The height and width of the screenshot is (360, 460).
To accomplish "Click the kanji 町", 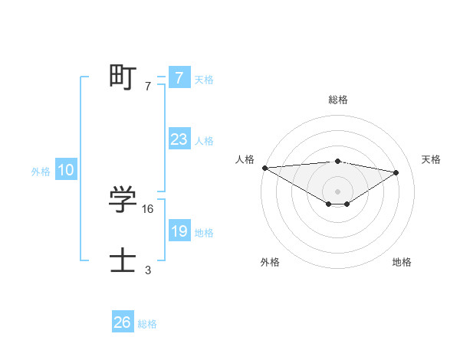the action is [x=123, y=77].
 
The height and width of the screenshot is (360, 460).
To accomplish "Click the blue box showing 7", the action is [x=179, y=78].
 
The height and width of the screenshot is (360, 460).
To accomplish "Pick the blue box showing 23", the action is [x=179, y=139].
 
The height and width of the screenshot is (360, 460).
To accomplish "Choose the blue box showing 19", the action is [x=179, y=231].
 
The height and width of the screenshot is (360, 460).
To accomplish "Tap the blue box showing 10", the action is [x=66, y=171].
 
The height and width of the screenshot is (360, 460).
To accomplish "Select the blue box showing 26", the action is [x=122, y=322].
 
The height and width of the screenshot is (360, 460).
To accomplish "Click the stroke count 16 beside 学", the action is [x=148, y=208].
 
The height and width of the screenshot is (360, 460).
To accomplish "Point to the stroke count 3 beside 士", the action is [x=148, y=270].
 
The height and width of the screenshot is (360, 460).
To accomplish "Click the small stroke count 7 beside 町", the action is [x=148, y=87].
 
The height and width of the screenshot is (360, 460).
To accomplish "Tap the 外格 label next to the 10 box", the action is [x=41, y=172].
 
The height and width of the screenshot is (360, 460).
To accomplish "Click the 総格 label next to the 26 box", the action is [x=147, y=324].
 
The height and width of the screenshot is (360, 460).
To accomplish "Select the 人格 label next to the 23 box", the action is [x=204, y=141].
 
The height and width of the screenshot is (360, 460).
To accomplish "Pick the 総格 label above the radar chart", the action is [x=337, y=100].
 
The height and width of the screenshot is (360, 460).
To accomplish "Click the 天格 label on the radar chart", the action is [x=432, y=159].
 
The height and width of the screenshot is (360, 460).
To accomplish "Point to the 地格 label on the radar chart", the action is [x=402, y=262].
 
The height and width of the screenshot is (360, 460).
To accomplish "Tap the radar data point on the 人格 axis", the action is [x=264, y=168].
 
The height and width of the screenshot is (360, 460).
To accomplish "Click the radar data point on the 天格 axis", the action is [x=396, y=172].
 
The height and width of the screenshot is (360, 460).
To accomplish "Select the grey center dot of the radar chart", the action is [x=337, y=191].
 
